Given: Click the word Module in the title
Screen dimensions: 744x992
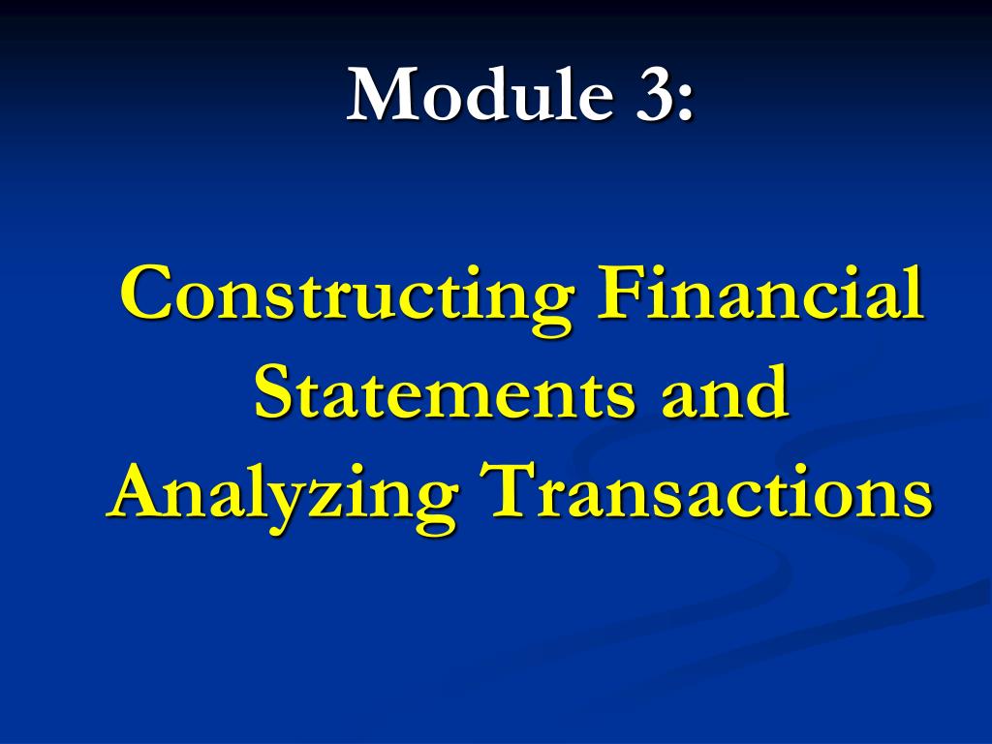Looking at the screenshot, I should pos(480,95).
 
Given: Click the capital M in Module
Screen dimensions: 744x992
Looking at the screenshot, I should pos(380,95).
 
